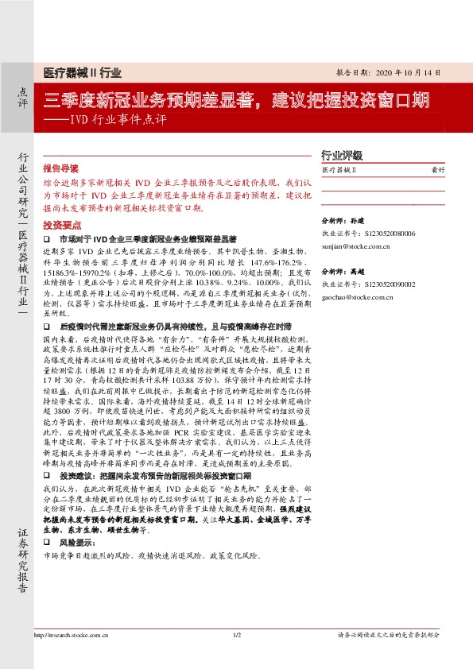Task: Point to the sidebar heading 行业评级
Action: pyautogui.click(x=341, y=156)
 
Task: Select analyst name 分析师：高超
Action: pyautogui.click(x=341, y=271)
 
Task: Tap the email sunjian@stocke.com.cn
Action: pyautogui.click(x=355, y=247)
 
